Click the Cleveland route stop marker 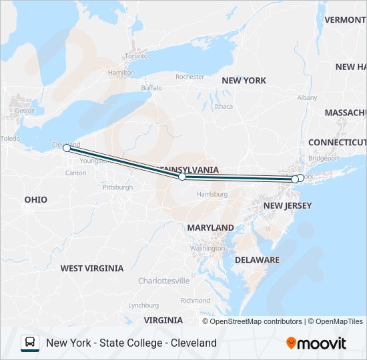[67, 148]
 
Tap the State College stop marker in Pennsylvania [182, 177]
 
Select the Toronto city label [136, 56]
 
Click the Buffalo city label [151, 88]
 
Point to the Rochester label [190, 77]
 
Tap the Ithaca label [224, 106]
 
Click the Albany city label [307, 97]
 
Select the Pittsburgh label [117, 188]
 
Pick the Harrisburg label [212, 194]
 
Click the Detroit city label [25, 111]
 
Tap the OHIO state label [36, 199]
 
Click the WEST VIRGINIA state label [92, 268]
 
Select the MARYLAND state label [210, 228]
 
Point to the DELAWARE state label [257, 259]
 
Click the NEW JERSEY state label [288, 206]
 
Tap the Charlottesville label [163, 281]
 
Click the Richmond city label [196, 301]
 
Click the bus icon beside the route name [30, 343]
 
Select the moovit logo [316, 343]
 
